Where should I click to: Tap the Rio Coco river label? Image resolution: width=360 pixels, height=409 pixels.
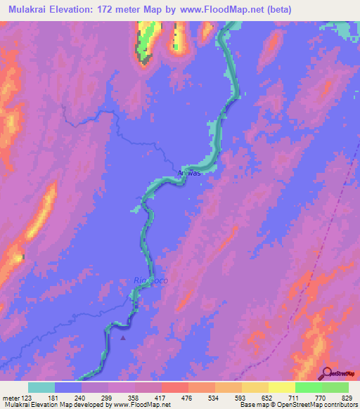click(x=150, y=280)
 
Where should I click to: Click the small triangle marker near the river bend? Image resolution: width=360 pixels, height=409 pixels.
click(x=124, y=337)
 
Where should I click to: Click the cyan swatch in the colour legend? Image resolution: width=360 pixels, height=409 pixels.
click(x=41, y=387)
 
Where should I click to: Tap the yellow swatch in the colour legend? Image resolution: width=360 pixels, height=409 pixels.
click(x=282, y=387)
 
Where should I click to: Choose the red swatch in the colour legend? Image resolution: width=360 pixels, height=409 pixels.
click(x=175, y=387)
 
